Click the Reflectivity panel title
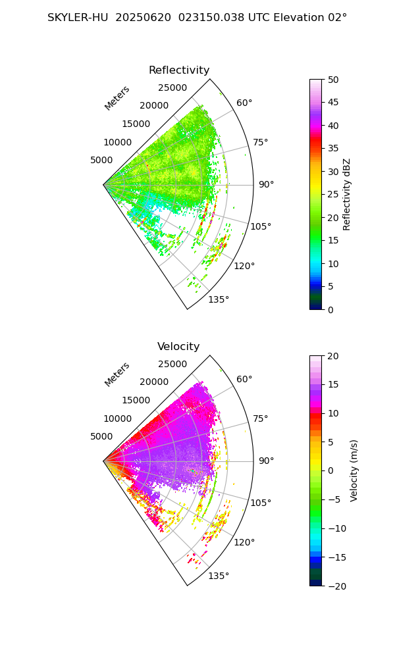click(179, 70)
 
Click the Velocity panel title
click(178, 347)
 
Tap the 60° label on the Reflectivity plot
click(244, 103)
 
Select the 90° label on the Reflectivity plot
click(265, 185)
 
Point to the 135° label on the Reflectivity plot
click(219, 300)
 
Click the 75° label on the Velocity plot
click(261, 418)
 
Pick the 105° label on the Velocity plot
click(261, 503)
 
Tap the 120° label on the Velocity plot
click(244, 542)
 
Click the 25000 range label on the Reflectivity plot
click(172, 88)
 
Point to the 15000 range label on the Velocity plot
click(136, 400)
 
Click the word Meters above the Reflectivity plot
click(117, 98)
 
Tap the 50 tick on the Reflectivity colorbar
click(333, 80)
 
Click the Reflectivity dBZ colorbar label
click(347, 194)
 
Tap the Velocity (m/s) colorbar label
click(354, 470)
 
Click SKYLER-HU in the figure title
click(78, 18)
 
